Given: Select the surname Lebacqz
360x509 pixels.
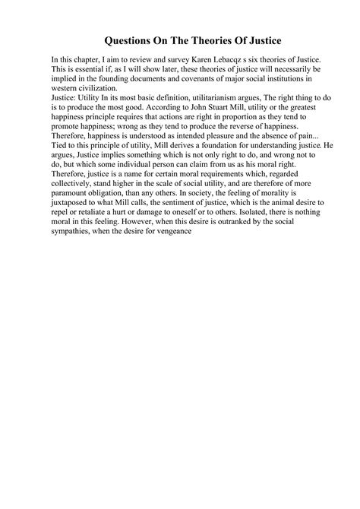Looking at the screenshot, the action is [231, 59].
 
